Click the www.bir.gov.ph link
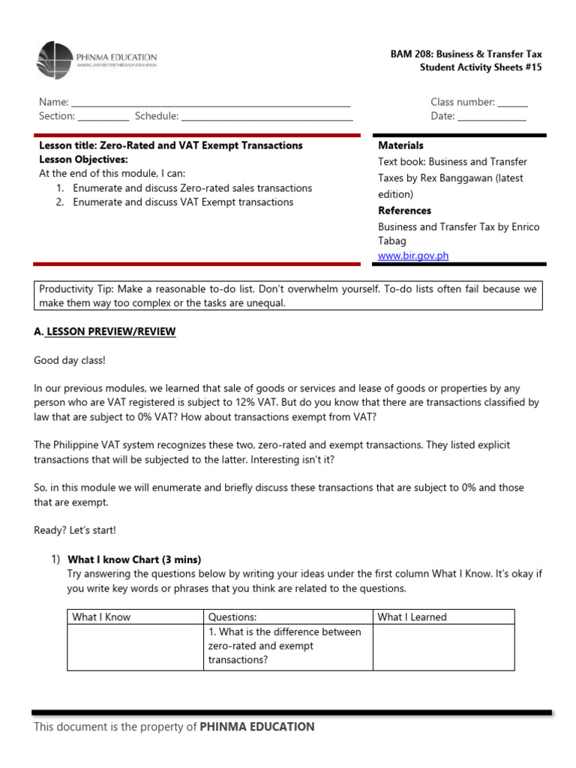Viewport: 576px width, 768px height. [x=413, y=255]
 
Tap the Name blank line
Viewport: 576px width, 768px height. [x=210, y=103]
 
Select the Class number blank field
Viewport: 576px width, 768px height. [x=512, y=103]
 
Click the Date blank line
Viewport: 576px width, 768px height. [x=491, y=117]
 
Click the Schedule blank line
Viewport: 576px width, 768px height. [x=267, y=117]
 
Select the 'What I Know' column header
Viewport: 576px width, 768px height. [x=101, y=617]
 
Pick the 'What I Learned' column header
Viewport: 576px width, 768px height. [x=412, y=617]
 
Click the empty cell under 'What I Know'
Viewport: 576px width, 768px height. [x=136, y=647]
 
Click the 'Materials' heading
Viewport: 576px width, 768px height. [x=400, y=145]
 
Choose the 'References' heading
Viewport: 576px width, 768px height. [x=404, y=211]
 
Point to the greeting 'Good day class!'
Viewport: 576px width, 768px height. [x=70, y=361]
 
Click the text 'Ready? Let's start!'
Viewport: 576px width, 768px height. [x=75, y=530]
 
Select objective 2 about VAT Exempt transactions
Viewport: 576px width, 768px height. [x=183, y=202]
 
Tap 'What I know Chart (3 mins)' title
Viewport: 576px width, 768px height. [x=134, y=559]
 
